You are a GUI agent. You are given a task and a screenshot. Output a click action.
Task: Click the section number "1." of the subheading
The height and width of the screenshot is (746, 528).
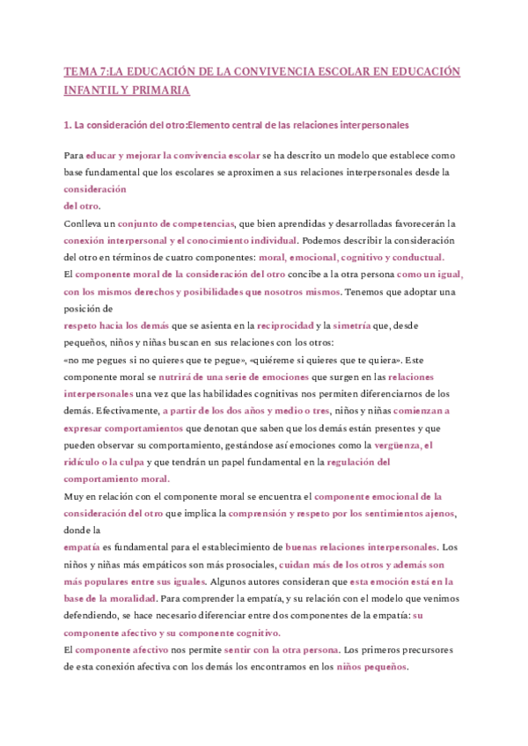pyautogui.click(x=69, y=126)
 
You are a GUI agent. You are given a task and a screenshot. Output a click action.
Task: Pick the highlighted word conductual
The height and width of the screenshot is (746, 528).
pyautogui.click(x=414, y=257)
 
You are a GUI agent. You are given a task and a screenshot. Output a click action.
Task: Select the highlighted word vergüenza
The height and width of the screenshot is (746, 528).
pyautogui.click(x=396, y=445)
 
